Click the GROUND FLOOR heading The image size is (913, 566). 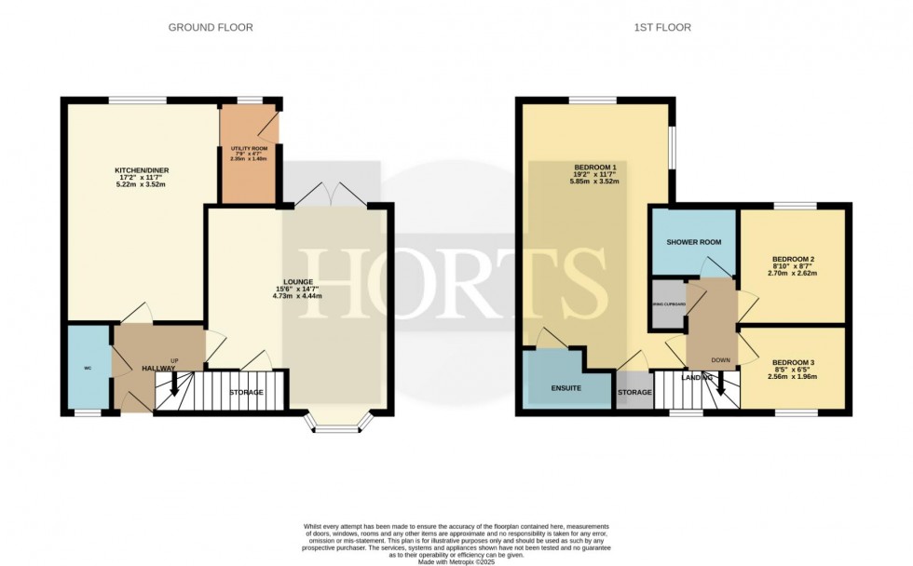coord(210,28)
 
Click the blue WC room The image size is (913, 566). coord(88,367)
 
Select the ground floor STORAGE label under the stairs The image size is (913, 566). coord(246,392)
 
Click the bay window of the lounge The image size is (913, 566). coord(334,426)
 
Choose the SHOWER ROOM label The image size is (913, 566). coord(694,243)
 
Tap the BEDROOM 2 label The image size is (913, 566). coord(794,260)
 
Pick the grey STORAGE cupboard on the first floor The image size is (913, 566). coord(634,392)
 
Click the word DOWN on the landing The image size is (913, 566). coord(720,360)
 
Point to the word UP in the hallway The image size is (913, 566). coord(173,359)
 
